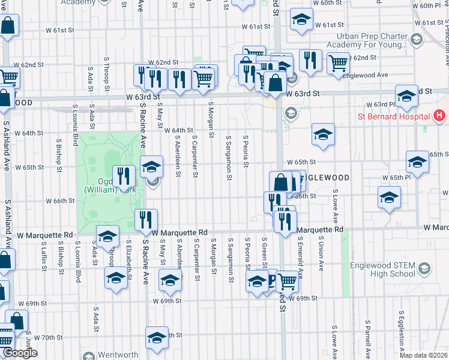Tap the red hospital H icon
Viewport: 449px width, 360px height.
pos(439,115)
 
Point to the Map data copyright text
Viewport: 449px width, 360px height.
pos(424,355)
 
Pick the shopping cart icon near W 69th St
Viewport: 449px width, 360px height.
pos(288,280)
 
